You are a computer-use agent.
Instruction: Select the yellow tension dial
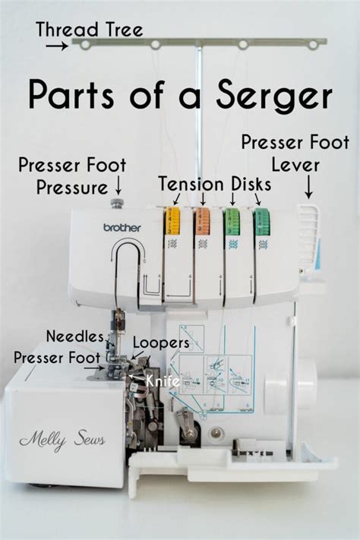(x=172, y=221)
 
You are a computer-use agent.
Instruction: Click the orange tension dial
(x=202, y=221)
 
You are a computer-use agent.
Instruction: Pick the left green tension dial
(x=232, y=221)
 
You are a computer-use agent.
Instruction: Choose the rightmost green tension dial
(x=262, y=221)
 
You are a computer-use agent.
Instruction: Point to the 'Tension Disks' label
(x=213, y=183)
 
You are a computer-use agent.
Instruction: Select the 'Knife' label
(x=163, y=377)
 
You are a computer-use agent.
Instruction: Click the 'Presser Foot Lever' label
(x=295, y=153)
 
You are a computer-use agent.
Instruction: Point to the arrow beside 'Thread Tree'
(x=56, y=46)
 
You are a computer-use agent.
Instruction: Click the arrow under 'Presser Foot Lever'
(x=308, y=186)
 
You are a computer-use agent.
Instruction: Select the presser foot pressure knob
(x=117, y=204)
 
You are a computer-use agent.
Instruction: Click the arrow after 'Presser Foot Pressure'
(x=118, y=184)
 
